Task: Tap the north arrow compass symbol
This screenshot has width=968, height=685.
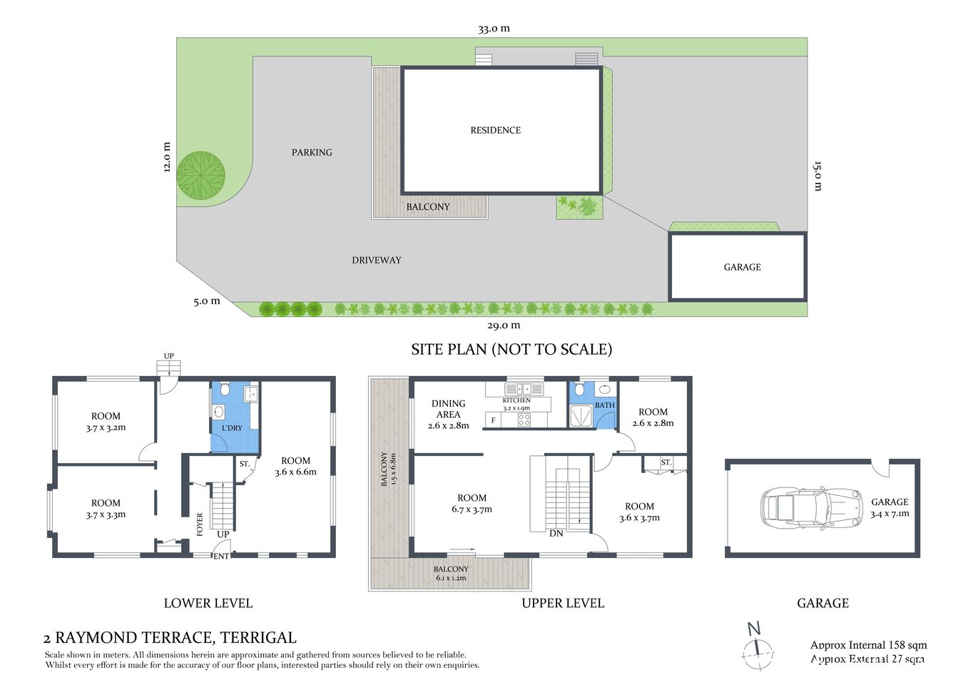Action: coord(757,648)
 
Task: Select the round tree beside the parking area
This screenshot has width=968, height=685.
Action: coord(200,175)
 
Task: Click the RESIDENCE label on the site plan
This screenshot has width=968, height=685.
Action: coord(495,130)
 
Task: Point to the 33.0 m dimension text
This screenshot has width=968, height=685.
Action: coord(494,29)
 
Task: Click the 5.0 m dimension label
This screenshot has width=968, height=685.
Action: coord(206,301)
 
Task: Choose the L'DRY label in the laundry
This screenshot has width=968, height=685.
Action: coord(232,428)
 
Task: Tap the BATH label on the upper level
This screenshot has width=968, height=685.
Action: coord(604,405)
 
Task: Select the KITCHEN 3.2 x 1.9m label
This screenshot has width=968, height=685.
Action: coord(516,404)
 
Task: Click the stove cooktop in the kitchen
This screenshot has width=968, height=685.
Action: coord(524,420)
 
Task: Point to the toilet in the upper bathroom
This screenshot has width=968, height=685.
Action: coord(579,390)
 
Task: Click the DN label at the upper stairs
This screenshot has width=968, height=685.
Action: coord(556,533)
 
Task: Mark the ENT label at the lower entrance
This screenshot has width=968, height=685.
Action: coord(221,556)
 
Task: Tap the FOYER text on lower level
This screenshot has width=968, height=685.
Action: coord(200,524)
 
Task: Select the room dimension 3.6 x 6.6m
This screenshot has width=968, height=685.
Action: coord(295,472)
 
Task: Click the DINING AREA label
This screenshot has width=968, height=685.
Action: coord(448,409)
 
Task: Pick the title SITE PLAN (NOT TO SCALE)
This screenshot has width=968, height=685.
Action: coord(511,350)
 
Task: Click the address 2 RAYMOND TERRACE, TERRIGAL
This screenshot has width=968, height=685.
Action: coord(170,637)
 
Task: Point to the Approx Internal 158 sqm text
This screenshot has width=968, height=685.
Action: coord(868,645)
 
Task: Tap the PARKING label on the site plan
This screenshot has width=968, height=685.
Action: coord(312,152)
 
